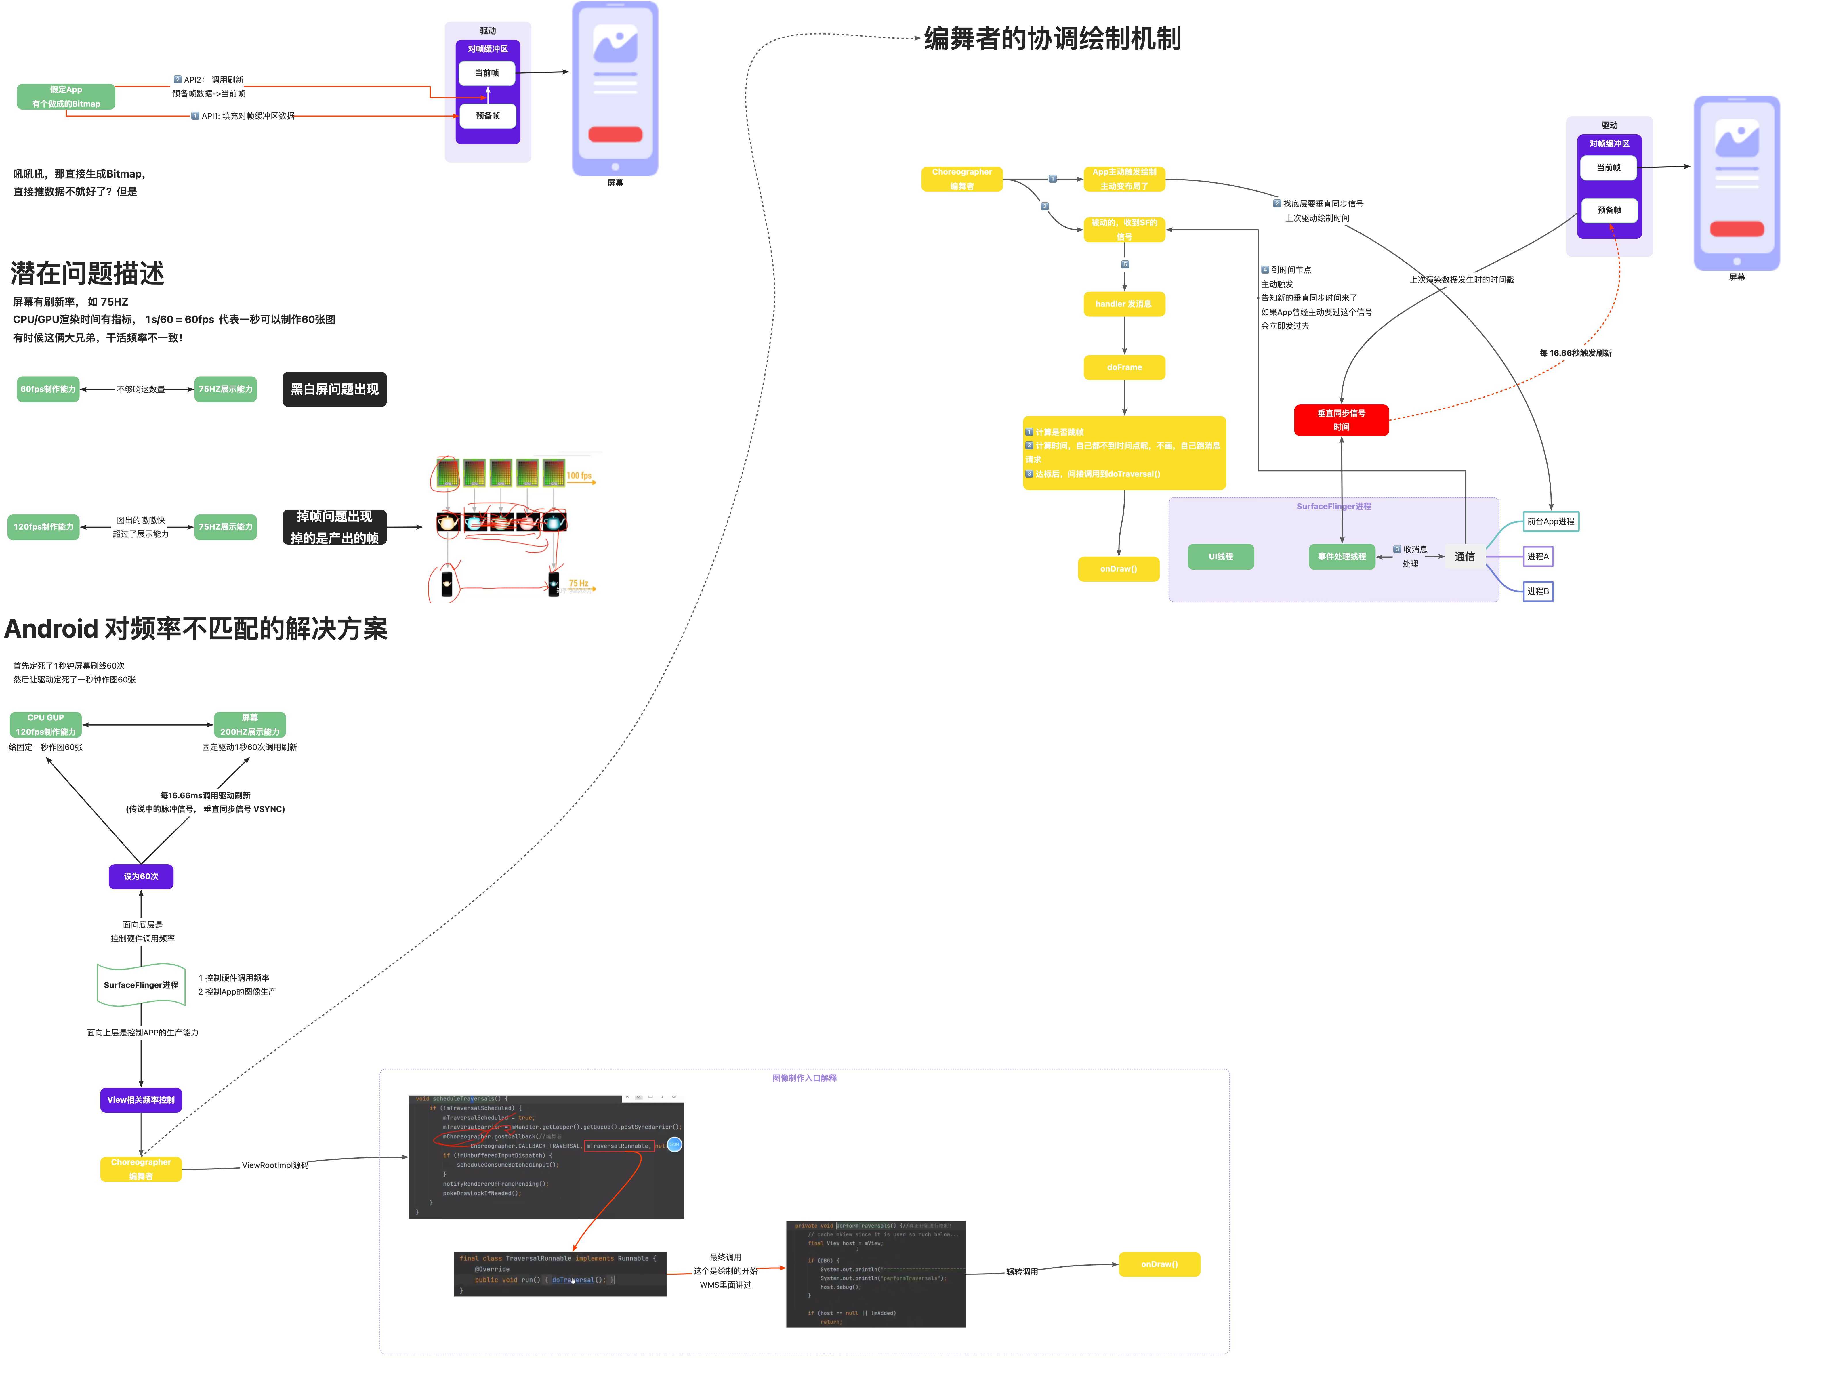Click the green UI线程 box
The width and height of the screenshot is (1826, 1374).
[x=1220, y=557]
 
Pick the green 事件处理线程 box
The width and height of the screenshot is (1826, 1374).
[x=1342, y=557]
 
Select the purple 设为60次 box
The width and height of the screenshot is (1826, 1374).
[x=141, y=876]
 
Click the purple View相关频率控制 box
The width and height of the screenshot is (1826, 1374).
[x=141, y=1100]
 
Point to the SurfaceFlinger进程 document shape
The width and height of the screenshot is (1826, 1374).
[x=141, y=985]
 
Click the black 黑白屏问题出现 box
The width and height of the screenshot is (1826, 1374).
[x=334, y=389]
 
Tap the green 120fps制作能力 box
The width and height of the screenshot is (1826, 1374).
[x=44, y=527]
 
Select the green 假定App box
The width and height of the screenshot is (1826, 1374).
[x=66, y=97]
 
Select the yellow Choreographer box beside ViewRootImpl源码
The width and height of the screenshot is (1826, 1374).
[x=141, y=1168]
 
